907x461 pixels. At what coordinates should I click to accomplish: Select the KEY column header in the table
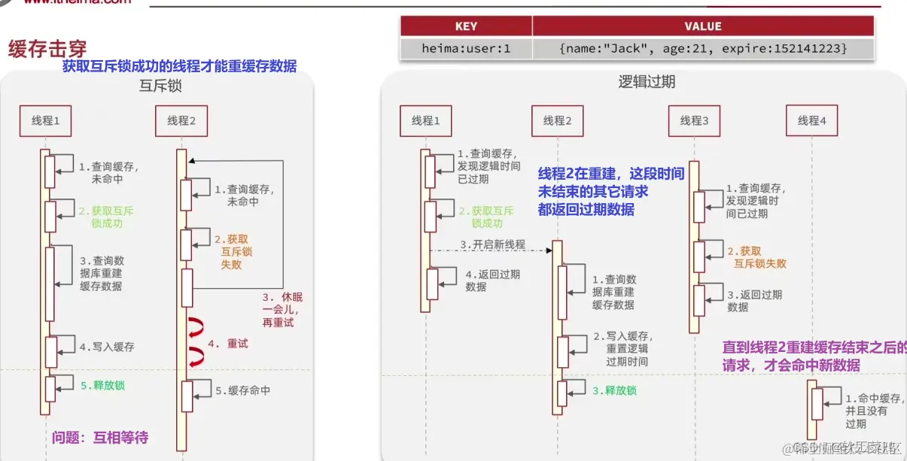pos(466,26)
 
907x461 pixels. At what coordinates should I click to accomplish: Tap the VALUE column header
pos(702,26)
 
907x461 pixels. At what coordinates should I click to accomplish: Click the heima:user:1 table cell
pos(466,48)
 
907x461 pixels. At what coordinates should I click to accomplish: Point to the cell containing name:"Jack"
pos(702,48)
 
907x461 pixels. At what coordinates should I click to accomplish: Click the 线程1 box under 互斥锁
pos(46,120)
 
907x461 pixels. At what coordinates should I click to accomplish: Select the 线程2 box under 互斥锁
pos(181,120)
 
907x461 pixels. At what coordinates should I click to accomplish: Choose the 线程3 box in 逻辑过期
pos(694,120)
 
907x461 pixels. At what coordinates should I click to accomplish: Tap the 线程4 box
pos(811,120)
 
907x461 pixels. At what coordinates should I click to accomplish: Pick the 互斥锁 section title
pos(160,86)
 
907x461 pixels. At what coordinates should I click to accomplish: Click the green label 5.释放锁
pos(102,386)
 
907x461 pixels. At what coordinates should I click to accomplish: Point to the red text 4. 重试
pos(227,344)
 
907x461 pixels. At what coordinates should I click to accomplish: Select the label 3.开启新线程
pos(492,245)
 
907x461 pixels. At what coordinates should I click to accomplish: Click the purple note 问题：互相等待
pos(100,437)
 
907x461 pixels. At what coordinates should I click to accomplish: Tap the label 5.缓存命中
pos(242,391)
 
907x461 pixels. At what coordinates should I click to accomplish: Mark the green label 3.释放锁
pos(614,390)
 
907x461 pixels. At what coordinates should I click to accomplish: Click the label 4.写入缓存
pos(107,347)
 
